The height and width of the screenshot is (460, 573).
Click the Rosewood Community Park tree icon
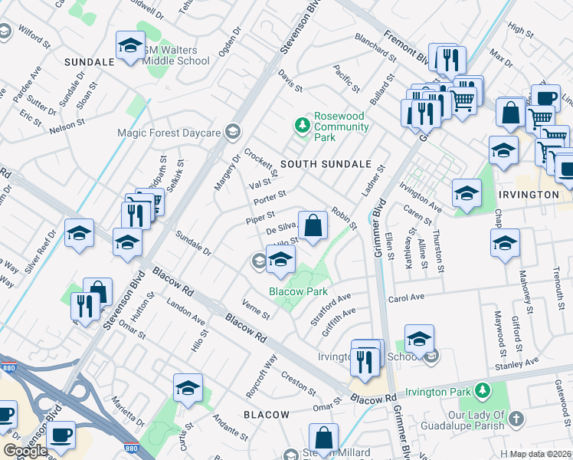click(x=303, y=123)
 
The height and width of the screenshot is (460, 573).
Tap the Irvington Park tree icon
click(x=483, y=392)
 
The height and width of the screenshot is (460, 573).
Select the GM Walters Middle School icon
click(x=130, y=48)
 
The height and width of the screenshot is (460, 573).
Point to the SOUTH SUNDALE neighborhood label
click(x=326, y=164)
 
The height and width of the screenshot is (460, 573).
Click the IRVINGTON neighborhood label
click(x=529, y=195)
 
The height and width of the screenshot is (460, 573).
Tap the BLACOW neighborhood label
click(x=267, y=415)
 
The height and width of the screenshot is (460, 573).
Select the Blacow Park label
click(x=298, y=291)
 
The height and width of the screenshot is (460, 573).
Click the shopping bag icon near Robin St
click(x=313, y=227)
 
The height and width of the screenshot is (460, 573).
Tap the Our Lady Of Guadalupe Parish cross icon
click(x=516, y=419)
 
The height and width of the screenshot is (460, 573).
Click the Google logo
click(x=25, y=450)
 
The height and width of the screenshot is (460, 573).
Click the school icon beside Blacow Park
click(x=281, y=261)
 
